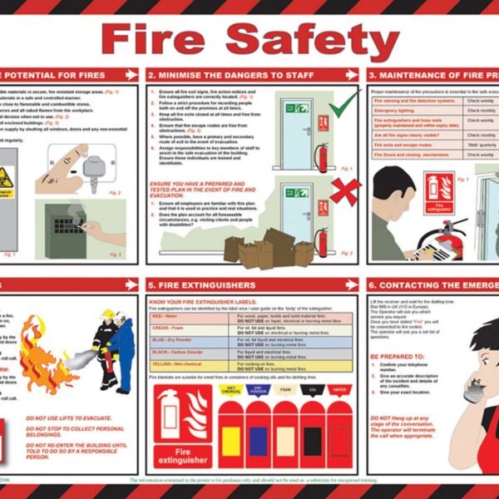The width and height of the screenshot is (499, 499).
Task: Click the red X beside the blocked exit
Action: [x=343, y=192]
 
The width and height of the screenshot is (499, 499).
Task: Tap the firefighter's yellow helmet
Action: [x=107, y=316]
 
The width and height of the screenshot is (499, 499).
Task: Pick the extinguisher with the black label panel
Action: [x=312, y=437]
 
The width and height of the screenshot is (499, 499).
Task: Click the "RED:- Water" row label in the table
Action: [x=166, y=316]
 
